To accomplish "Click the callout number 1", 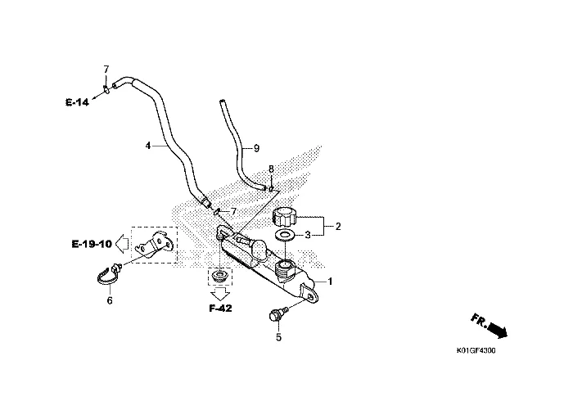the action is [x=330, y=282].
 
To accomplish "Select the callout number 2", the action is [x=338, y=227].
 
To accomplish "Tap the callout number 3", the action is [x=308, y=235].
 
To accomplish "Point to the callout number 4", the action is [x=148, y=146].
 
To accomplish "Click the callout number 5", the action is [x=278, y=337].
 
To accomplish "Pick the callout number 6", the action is [x=110, y=300].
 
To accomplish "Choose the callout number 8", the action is [x=271, y=169].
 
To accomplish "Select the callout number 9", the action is [x=256, y=148].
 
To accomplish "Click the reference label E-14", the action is [x=77, y=102].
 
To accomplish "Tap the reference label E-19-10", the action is [x=92, y=244].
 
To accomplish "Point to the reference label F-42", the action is [x=220, y=309].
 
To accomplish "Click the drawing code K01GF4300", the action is [x=476, y=351].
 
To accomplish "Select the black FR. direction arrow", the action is [x=498, y=329].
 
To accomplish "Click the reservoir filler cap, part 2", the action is [x=284, y=217].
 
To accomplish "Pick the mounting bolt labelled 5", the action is [x=277, y=314].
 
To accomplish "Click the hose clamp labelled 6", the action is [x=107, y=275].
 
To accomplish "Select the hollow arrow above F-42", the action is [x=221, y=293].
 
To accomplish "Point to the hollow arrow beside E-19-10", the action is [x=122, y=243].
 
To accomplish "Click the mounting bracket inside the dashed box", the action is [x=154, y=246].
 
